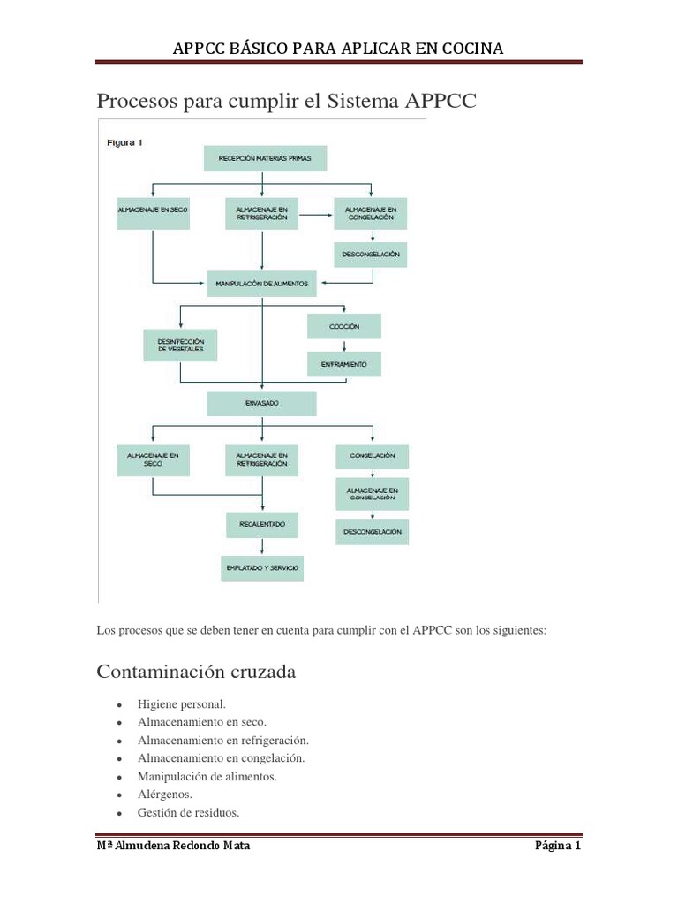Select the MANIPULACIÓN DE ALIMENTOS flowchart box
pos(262,284)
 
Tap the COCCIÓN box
pos(343,326)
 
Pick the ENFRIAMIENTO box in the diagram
pos(343,363)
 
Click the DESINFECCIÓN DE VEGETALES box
pos(179,345)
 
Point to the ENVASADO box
pos(261,403)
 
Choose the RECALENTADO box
pos(261,524)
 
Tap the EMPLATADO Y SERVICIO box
pos(261,567)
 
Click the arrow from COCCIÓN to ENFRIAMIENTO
pos(343,345)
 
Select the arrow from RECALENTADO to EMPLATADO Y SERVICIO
pos(261,546)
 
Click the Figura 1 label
pos(124,141)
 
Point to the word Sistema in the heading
pos(365,101)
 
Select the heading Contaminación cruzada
pos(196,672)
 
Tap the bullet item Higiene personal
pos(182,704)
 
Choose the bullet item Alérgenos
pos(165,795)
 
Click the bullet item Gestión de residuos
pos(188,813)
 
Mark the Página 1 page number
pos(558,846)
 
